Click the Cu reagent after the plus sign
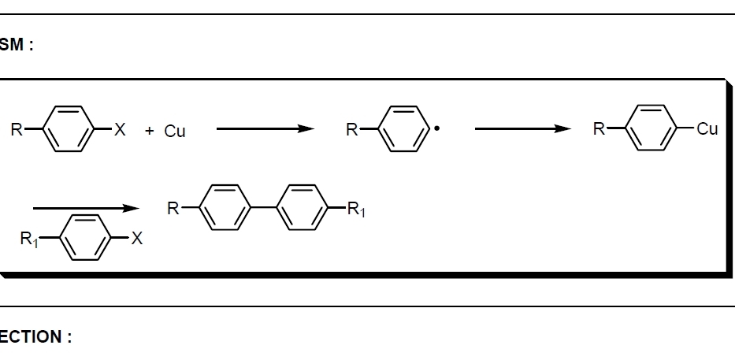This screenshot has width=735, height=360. [175, 132]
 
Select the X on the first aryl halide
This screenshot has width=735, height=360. [120, 130]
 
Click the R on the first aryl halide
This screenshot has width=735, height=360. [15, 130]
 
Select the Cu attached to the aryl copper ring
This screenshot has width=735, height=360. [707, 130]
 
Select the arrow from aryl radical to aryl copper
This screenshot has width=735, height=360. [522, 130]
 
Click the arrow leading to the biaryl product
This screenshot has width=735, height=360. [86, 209]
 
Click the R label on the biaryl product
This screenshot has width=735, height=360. [173, 209]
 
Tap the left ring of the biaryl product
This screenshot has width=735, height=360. [226, 209]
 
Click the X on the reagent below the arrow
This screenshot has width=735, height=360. [136, 239]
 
